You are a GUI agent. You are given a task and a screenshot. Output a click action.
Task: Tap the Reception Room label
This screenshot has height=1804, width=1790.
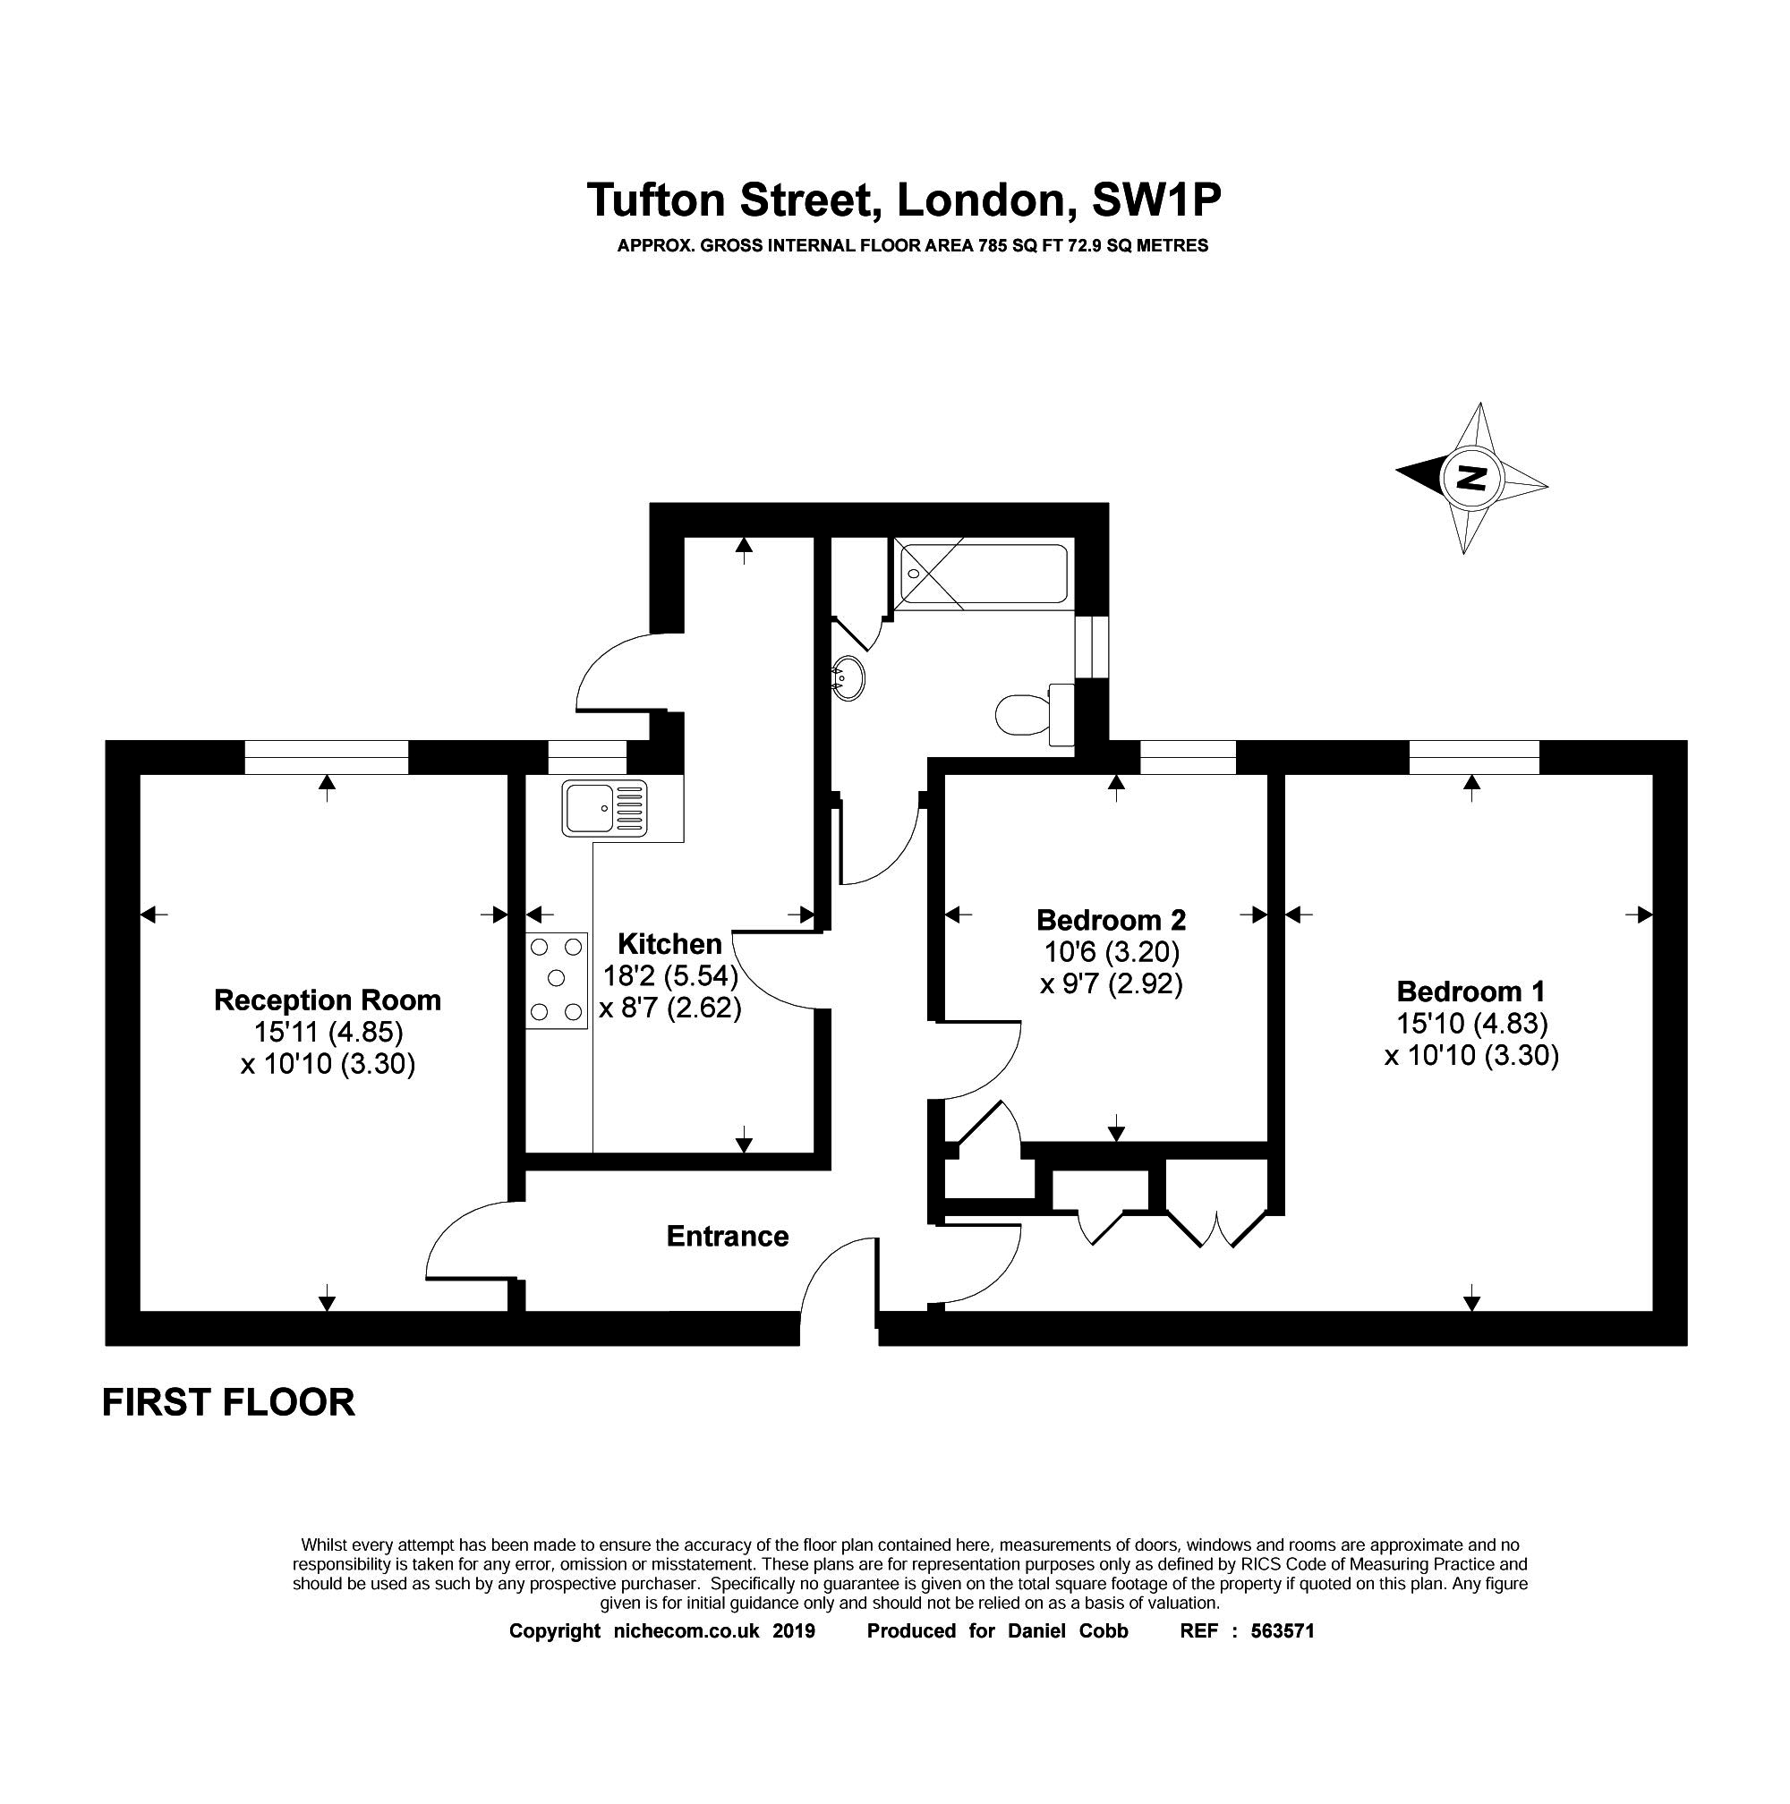327,1000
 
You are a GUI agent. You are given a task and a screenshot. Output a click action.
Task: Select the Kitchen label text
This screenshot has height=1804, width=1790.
669,943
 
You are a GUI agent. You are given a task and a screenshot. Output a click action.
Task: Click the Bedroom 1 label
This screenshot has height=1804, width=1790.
1470,991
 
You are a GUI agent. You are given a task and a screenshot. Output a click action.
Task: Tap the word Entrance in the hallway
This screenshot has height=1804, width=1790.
727,1237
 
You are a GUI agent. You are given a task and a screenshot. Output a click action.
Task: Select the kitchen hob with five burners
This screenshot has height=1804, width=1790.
557,980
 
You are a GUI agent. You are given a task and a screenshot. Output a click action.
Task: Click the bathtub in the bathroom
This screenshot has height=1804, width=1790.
980,575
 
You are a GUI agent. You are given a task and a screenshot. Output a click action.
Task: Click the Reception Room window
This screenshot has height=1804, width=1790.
326,756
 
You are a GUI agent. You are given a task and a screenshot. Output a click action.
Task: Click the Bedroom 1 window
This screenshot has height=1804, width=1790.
1472,756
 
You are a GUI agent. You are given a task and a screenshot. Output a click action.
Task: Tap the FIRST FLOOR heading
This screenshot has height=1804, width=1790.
228,1402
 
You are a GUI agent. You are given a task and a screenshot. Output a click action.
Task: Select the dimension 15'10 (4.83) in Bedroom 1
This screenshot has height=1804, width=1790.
1471,1024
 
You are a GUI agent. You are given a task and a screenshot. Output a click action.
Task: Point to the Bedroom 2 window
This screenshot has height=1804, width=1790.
1187,756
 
